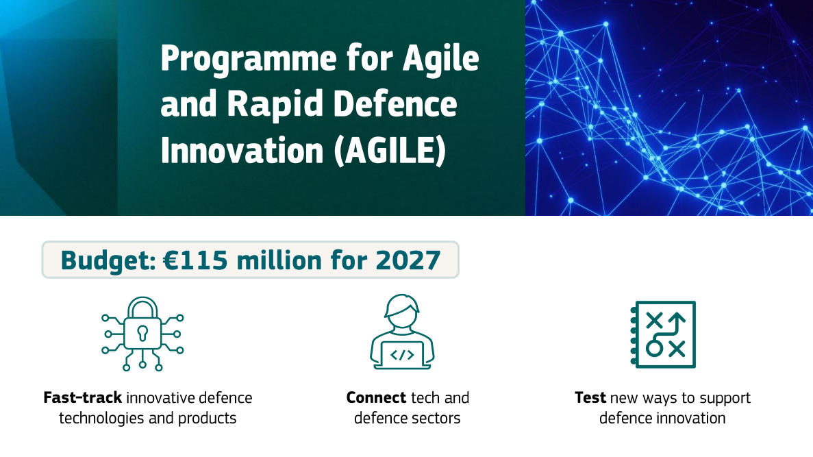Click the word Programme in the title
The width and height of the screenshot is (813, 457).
249,59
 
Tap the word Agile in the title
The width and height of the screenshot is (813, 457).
440,58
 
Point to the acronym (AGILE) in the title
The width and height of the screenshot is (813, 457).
390,151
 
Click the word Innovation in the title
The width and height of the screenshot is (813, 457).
242,151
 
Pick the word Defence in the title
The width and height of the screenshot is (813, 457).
395,103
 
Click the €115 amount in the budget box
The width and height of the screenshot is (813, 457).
195,260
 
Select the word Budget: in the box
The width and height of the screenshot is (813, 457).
108,260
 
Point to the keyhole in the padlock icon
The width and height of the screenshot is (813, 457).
142,332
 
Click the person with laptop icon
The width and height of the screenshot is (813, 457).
402,332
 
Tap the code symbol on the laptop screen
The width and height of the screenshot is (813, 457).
402,355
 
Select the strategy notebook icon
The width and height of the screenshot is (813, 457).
663,334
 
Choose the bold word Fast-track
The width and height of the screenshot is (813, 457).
83,397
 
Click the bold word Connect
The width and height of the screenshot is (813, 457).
376,397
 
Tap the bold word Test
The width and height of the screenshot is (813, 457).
590,397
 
